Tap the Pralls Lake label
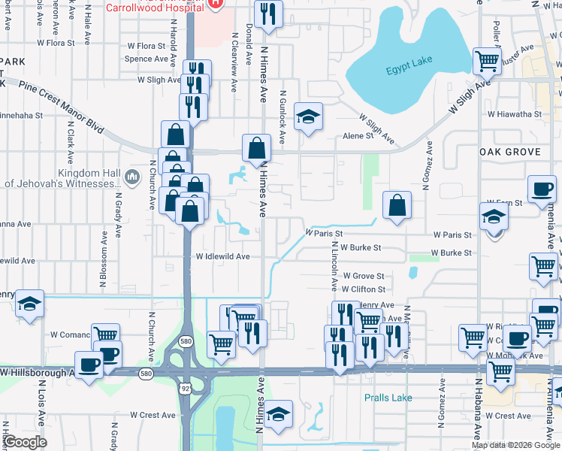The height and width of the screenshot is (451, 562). click(x=388, y=397)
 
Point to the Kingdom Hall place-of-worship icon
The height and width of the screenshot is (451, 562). click(x=132, y=177)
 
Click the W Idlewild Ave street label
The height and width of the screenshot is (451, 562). click(x=222, y=256)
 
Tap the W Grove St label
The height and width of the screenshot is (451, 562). click(x=363, y=277)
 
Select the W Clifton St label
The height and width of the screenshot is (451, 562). click(x=363, y=289)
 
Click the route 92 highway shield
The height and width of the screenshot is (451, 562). click(x=185, y=388)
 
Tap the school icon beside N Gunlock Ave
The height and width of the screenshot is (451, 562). click(x=308, y=117)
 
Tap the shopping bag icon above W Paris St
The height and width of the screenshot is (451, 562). click(x=397, y=204)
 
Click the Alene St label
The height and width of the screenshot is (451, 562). click(x=358, y=136)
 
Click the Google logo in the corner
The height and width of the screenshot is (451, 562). click(x=26, y=442)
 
